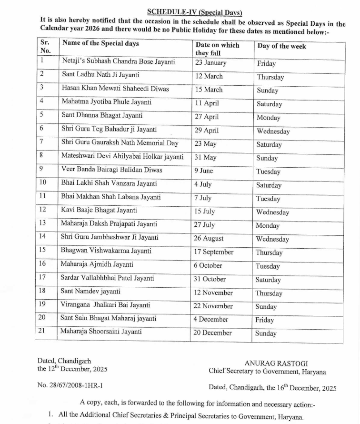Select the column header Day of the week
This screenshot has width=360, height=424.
click(x=281, y=46)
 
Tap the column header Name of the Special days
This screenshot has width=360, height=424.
click(x=100, y=43)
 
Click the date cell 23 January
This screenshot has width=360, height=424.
click(x=211, y=62)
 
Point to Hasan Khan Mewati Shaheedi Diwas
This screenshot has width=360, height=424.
click(x=115, y=88)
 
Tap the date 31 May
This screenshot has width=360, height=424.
click(x=205, y=157)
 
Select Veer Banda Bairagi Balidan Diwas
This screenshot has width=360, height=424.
click(x=112, y=170)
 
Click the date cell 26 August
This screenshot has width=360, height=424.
click(x=209, y=238)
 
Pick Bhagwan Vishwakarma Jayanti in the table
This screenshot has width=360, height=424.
click(x=106, y=250)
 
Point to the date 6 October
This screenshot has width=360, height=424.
click(x=208, y=265)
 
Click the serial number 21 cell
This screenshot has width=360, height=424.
click(x=43, y=332)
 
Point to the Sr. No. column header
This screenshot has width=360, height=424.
click(x=46, y=46)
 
